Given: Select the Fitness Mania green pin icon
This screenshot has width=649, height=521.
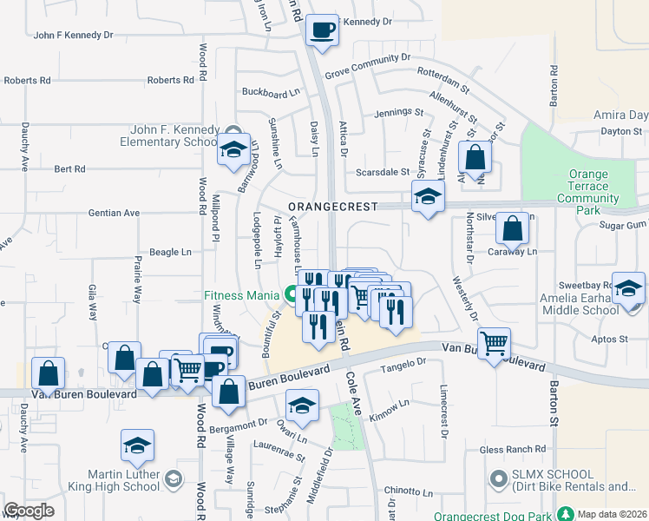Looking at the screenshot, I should coord(291,294).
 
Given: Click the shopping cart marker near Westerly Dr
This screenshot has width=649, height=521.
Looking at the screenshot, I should coord(494,343).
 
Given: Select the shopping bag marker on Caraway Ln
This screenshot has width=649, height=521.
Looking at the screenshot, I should coord(513,230).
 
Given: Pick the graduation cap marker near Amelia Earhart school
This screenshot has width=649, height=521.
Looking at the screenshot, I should coord(628,287).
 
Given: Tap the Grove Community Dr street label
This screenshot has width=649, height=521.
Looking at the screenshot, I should coord(368,66).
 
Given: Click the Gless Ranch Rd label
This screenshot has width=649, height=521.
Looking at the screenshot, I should coord(513,449).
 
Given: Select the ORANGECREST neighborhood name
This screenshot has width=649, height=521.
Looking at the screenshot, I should coord(333,207).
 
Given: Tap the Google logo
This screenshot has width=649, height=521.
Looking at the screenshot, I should coord(29,510).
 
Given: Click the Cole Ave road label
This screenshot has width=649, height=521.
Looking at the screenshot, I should coord(357,379).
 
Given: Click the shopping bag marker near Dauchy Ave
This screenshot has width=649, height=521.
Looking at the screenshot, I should coord(49,373).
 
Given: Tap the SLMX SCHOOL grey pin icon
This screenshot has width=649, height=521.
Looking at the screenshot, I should coord(499,478).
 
